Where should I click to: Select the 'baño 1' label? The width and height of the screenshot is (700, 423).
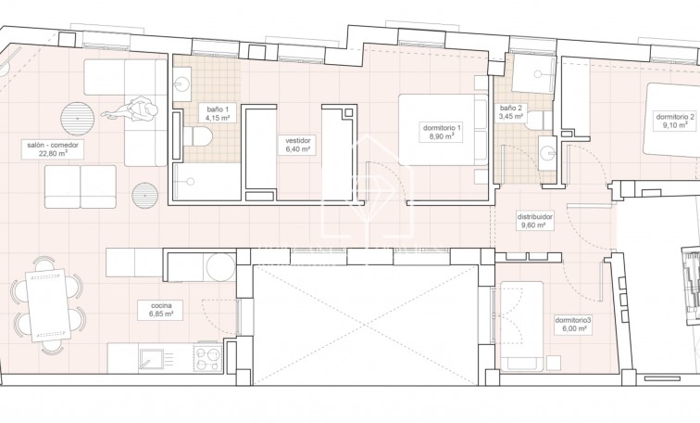click(x=219, y=109)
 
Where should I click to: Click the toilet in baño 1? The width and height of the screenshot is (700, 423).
click(x=195, y=137)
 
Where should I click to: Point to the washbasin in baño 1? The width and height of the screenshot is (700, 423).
click(x=182, y=86)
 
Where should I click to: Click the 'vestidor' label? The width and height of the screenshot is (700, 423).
click(x=298, y=139)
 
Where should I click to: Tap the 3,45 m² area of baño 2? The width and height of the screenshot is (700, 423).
click(x=511, y=118)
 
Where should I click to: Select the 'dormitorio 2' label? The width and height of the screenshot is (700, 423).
click(x=675, y=117)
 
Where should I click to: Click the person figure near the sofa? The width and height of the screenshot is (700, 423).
click(x=133, y=112)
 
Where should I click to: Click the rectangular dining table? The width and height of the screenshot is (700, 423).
click(x=46, y=294)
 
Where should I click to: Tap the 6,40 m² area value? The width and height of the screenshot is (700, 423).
click(x=298, y=148)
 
